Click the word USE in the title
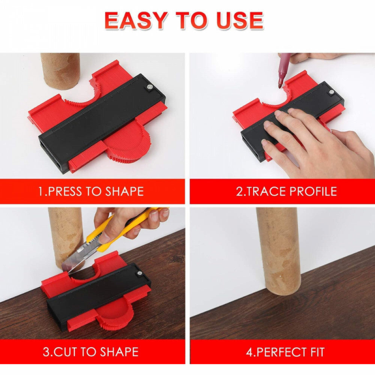tap(240, 21)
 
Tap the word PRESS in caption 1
tap(64, 191)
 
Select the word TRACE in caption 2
tap(266, 191)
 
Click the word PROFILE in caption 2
tap(313, 191)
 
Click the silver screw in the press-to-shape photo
tap(150, 87)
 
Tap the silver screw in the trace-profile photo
tap(331, 91)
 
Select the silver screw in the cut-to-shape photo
tap(138, 273)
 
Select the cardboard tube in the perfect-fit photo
tap(279, 251)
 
